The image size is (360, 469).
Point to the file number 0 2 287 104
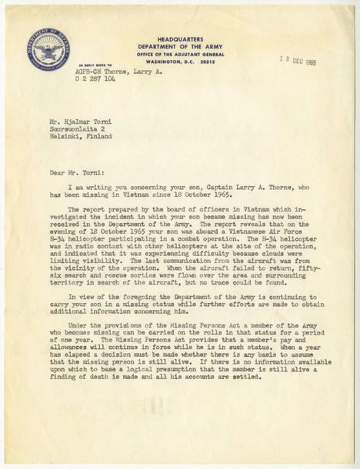(96, 79)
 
